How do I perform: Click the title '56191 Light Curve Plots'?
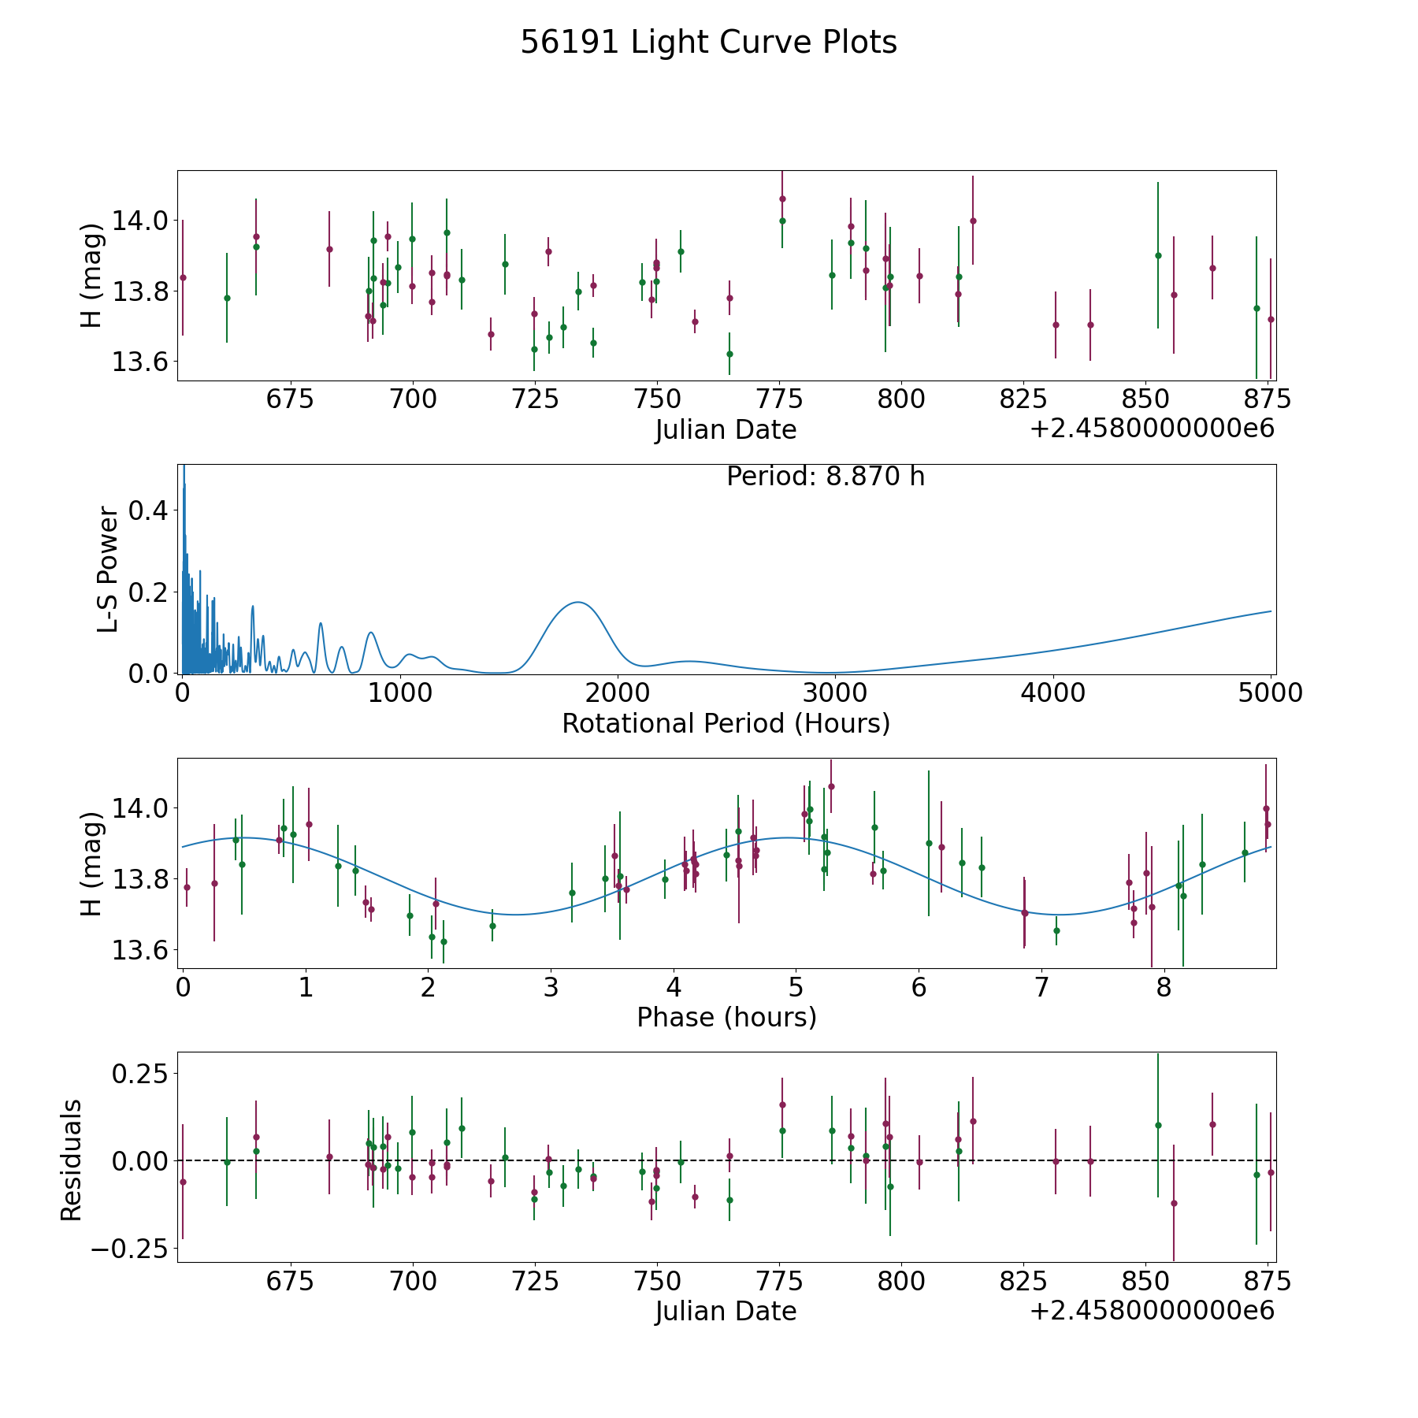pos(708,43)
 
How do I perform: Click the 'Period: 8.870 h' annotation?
pos(825,477)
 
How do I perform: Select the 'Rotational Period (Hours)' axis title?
pos(726,723)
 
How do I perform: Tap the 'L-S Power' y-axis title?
pos(108,570)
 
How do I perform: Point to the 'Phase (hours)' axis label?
pos(726,1017)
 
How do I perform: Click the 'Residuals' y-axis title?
pos(72,1160)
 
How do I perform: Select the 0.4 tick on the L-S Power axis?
pos(148,510)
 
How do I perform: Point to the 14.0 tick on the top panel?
pos(139,221)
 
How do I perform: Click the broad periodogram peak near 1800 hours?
pos(577,603)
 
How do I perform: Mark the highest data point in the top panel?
pos(782,199)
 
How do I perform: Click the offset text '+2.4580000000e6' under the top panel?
pos(1152,429)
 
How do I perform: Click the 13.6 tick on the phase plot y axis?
pos(139,951)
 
